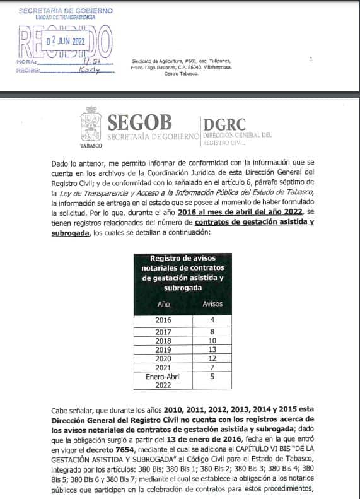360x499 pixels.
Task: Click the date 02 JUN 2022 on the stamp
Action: pyautogui.click(x=66, y=40)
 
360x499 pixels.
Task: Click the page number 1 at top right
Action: pyautogui.click(x=311, y=59)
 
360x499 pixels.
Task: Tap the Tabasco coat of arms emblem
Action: pyautogui.click(x=91, y=124)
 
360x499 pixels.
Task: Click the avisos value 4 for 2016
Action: pyautogui.click(x=212, y=320)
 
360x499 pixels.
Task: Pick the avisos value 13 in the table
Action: pyautogui.click(x=212, y=349)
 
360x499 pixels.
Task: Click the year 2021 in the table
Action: pyautogui.click(x=163, y=367)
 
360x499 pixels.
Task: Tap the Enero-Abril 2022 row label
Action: pyautogui.click(x=163, y=380)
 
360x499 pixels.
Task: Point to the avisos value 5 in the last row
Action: pyautogui.click(x=212, y=377)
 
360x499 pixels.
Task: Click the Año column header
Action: pyautogui.click(x=163, y=303)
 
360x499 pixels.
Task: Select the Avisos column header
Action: pyautogui.click(x=212, y=303)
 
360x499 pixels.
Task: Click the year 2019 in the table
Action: pyautogui.click(x=163, y=349)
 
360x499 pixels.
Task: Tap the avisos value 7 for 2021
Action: pyautogui.click(x=212, y=367)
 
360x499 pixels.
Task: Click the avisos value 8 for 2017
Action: pyautogui.click(x=212, y=332)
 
